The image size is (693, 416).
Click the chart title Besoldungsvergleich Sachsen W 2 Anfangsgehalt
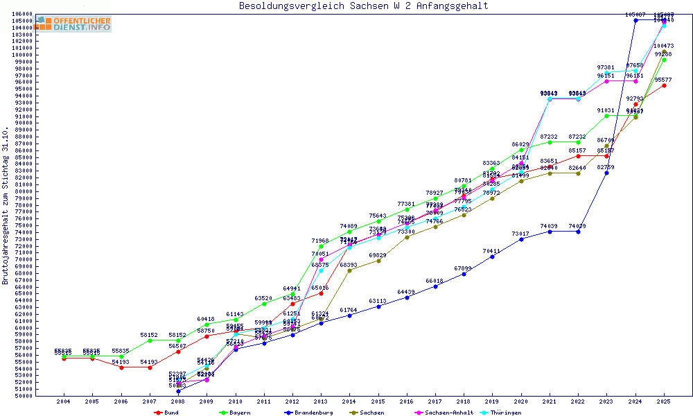(x=363, y=6)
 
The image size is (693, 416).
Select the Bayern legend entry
(x=235, y=413)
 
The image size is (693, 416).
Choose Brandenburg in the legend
(x=308, y=413)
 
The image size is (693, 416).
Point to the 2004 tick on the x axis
(x=63, y=401)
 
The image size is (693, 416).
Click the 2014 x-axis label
(x=349, y=401)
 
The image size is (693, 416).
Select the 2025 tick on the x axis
(x=664, y=401)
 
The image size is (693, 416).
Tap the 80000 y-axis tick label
(x=24, y=191)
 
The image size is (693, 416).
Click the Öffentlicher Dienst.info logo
(x=73, y=24)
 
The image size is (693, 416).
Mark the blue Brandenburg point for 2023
(x=606, y=173)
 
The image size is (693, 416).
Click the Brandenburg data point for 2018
(x=464, y=274)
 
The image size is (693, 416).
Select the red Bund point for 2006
(x=121, y=367)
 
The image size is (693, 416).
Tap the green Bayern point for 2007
(x=149, y=340)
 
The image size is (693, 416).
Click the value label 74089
(x=349, y=226)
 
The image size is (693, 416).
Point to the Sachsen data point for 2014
(x=349, y=270)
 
